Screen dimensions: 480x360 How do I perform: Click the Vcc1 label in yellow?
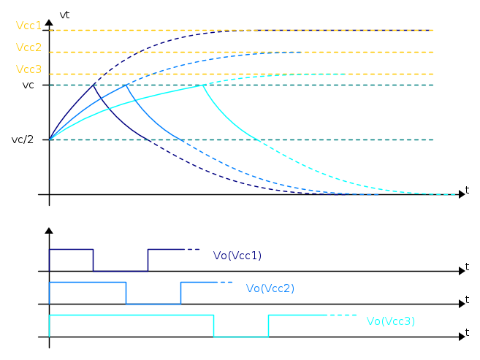pyautogui.click(x=28, y=26)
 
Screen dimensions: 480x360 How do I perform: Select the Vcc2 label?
pyautogui.click(x=28, y=47)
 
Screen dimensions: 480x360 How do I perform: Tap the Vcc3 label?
pyautogui.click(x=28, y=69)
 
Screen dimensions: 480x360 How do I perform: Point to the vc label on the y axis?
pyautogui.click(x=28, y=85)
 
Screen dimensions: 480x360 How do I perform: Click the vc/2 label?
pyautogui.click(x=23, y=139)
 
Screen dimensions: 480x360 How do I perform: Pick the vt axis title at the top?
pyautogui.click(x=64, y=15)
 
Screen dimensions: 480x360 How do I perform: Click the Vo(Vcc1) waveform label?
pyautogui.click(x=237, y=256)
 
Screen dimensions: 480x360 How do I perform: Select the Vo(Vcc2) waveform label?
pyautogui.click(x=270, y=288)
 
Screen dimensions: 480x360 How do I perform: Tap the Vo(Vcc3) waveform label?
pyautogui.click(x=391, y=321)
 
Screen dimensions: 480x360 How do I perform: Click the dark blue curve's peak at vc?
pyautogui.click(x=93, y=85)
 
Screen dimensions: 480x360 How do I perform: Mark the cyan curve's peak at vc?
pyautogui.click(x=202, y=85)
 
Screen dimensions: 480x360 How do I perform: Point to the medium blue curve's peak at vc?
pyautogui.click(x=126, y=85)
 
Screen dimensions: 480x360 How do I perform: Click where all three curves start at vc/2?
pyautogui.click(x=50, y=139)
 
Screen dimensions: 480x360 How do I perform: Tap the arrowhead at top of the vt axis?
pyautogui.click(x=49, y=22)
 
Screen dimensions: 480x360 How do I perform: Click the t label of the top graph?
pyautogui.click(x=467, y=190)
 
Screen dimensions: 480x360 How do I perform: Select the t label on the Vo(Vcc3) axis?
pyautogui.click(x=467, y=332)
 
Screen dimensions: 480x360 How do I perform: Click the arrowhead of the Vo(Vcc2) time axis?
pyautogui.click(x=462, y=304)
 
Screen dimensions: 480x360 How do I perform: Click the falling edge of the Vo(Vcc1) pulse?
pyautogui.click(x=93, y=260)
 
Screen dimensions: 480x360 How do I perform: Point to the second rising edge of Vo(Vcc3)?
pyautogui.click(x=268, y=326)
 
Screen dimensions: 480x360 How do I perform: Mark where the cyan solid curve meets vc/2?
pyautogui.click(x=259, y=140)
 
